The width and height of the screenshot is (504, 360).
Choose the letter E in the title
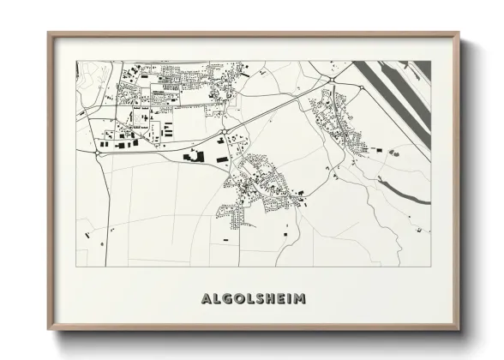[x=279, y=300]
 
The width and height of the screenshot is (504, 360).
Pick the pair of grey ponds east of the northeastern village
[x=395, y=152]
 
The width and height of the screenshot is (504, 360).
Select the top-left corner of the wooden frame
[x=49, y=33]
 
